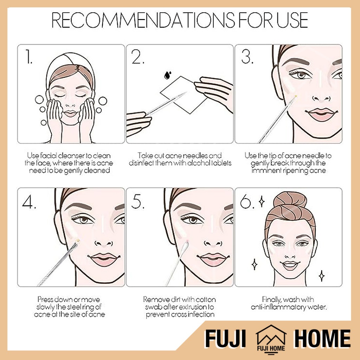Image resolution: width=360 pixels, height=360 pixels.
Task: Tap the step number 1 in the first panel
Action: click(x=28, y=57)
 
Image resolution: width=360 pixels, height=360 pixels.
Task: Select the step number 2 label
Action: click(x=137, y=57)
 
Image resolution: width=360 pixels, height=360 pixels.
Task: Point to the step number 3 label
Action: click(x=247, y=57)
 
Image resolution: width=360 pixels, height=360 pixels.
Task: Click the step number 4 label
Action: click(x=29, y=201)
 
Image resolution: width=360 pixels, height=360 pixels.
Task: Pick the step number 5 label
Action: click(x=138, y=201)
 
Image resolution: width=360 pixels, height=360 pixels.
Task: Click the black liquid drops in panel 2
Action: click(x=167, y=75)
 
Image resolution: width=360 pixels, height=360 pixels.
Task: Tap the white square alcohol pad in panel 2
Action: click(x=183, y=95)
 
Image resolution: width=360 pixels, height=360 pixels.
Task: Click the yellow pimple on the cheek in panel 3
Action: click(x=296, y=96)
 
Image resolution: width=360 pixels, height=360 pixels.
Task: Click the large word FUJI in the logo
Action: click(x=225, y=338)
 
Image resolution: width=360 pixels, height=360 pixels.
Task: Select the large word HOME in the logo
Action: click(x=322, y=338)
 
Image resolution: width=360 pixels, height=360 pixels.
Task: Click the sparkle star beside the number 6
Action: click(x=262, y=201)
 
